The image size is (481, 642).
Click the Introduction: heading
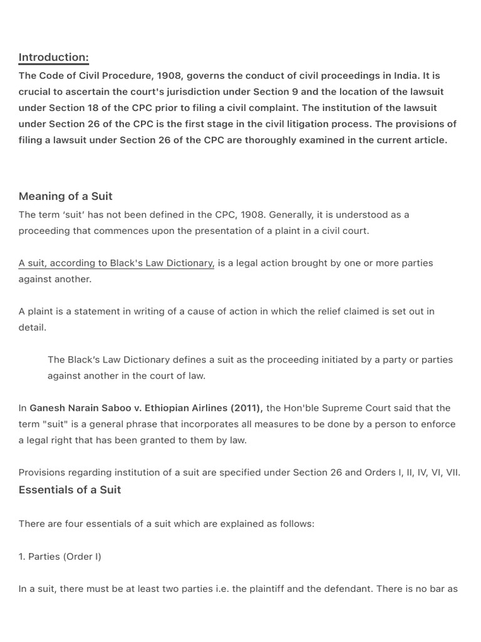(53, 58)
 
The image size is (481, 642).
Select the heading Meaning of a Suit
(65, 196)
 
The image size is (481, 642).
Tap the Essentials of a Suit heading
(70, 490)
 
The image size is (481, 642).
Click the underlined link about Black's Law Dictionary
(116, 263)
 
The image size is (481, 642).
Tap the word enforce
(438, 424)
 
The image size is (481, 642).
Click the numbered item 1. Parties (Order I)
(59, 557)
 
